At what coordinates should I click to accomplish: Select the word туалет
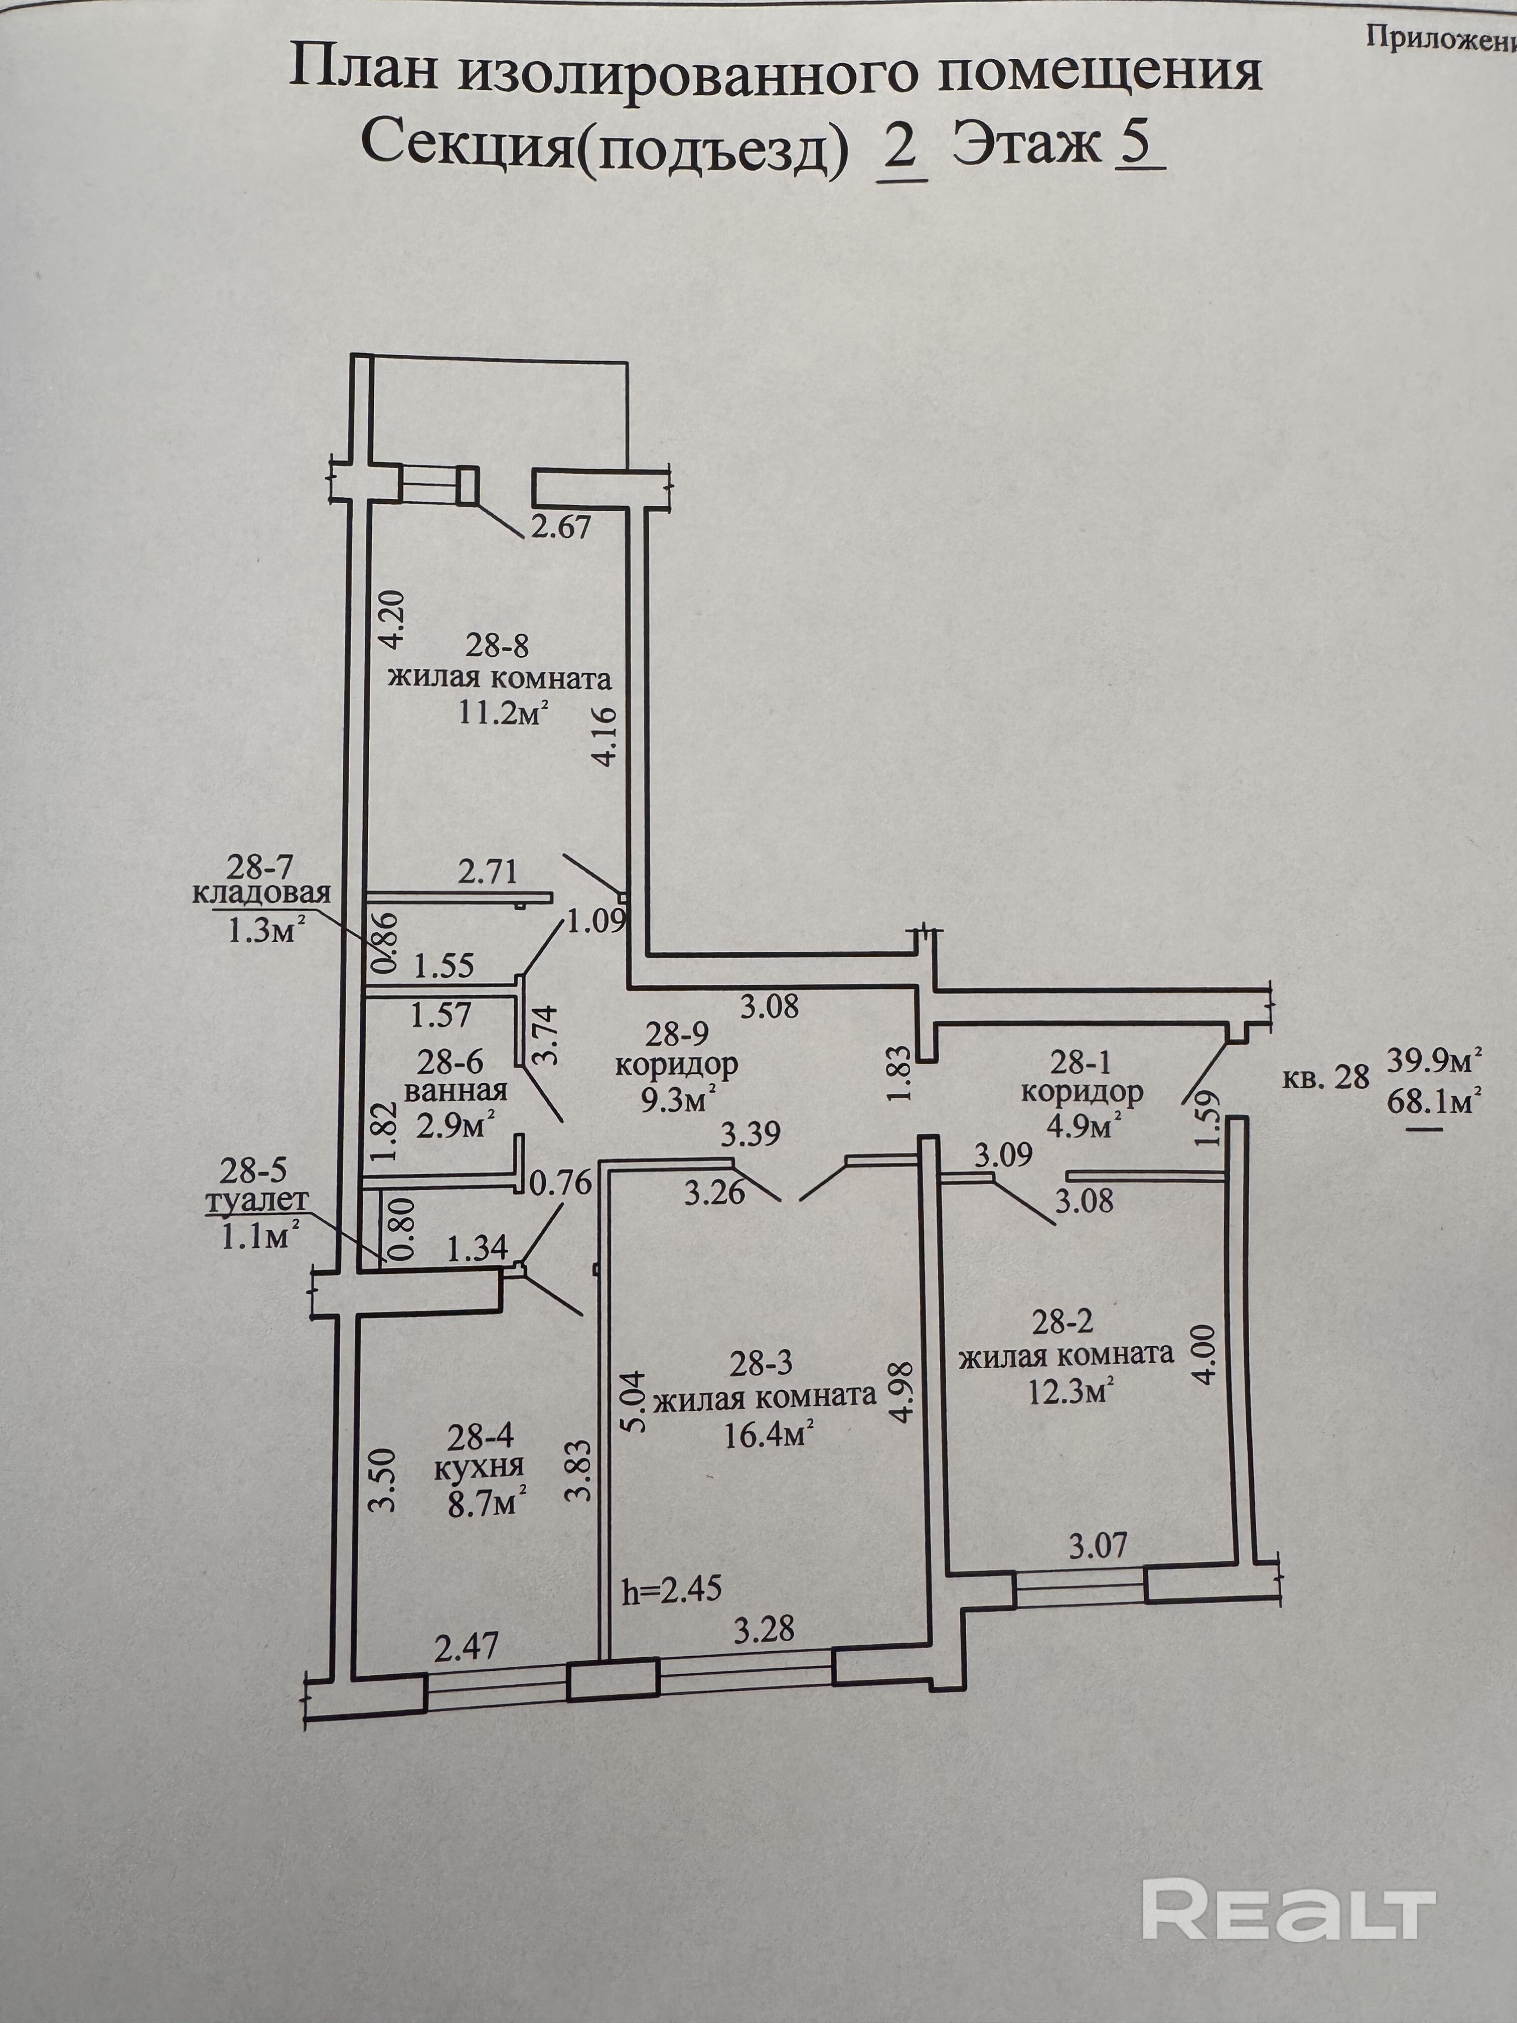(x=257, y=1201)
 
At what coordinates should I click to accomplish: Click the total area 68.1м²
(x=1434, y=1101)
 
